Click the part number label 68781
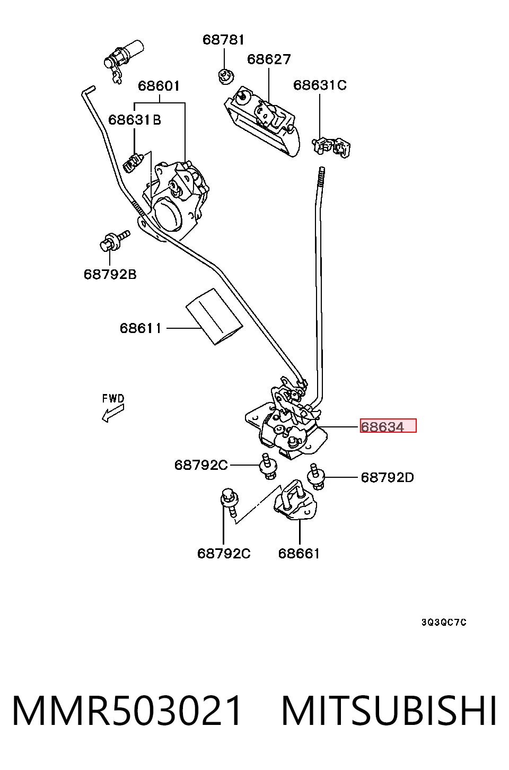(223, 40)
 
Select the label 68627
(269, 59)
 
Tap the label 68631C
(320, 85)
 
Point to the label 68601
(159, 85)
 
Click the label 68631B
(134, 120)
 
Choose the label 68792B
(110, 274)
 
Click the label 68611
(140, 328)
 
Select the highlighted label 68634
(388, 426)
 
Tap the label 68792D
(388, 477)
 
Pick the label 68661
(299, 554)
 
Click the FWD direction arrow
(113, 413)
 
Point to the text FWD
(113, 398)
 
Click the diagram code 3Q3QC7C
(444, 623)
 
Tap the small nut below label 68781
(226, 76)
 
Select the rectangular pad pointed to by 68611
(214, 317)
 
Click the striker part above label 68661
(295, 500)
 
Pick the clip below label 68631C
(331, 147)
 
